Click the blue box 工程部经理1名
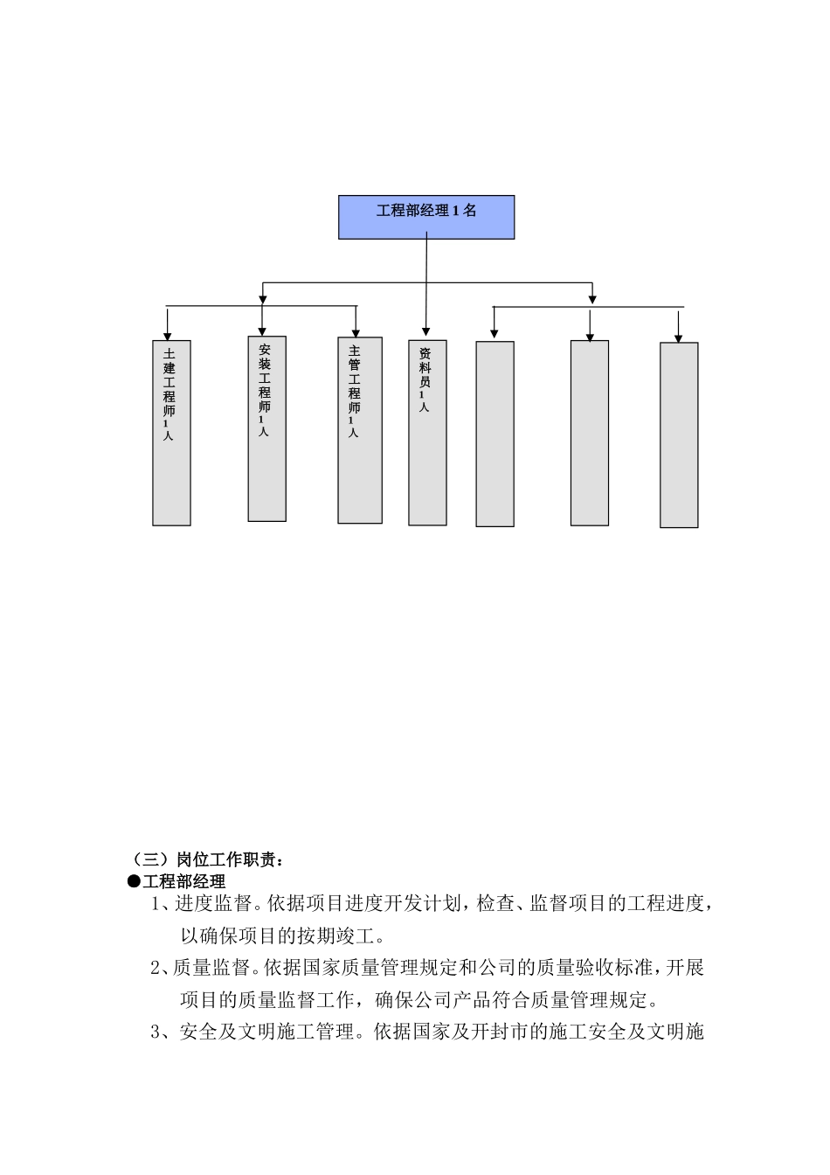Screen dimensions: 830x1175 426,217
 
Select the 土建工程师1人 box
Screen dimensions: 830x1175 171,433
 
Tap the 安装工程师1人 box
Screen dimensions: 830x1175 266,428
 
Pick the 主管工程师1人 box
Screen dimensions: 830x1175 359,430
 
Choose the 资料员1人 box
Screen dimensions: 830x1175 427,433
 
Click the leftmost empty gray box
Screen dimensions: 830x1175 495,434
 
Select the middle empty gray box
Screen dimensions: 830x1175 590,433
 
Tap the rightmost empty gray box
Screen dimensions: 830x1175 679,435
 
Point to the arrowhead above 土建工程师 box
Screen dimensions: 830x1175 167,335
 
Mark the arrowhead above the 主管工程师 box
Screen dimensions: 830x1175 355,331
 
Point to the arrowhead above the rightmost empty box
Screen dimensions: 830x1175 679,337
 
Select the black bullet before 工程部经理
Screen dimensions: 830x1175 134,881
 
